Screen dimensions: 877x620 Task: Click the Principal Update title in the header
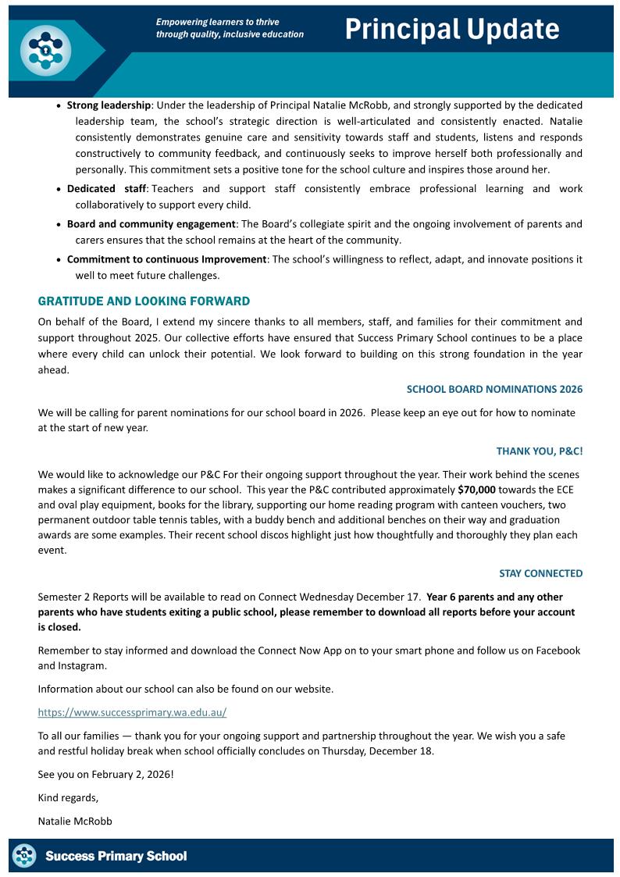[x=452, y=29]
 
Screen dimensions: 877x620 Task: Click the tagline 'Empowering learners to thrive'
[x=217, y=22]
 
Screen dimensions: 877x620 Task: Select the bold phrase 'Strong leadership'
[x=109, y=105]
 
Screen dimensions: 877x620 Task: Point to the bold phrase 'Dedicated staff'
[x=102, y=189]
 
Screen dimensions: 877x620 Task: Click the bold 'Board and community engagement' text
[x=151, y=224]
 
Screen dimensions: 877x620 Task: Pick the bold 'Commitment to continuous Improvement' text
[x=166, y=259]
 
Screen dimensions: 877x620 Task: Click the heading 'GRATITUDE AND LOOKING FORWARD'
[x=144, y=301]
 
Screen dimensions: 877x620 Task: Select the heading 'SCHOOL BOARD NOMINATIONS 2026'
[x=494, y=389]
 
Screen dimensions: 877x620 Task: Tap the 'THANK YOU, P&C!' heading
[x=540, y=451]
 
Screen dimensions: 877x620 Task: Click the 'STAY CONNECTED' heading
[x=540, y=573]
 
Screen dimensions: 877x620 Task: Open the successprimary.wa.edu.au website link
[x=132, y=712]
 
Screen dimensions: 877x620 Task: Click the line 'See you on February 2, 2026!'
[x=105, y=774]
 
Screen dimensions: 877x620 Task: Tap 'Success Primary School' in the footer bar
[x=116, y=857]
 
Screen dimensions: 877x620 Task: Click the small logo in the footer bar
[x=25, y=856]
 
